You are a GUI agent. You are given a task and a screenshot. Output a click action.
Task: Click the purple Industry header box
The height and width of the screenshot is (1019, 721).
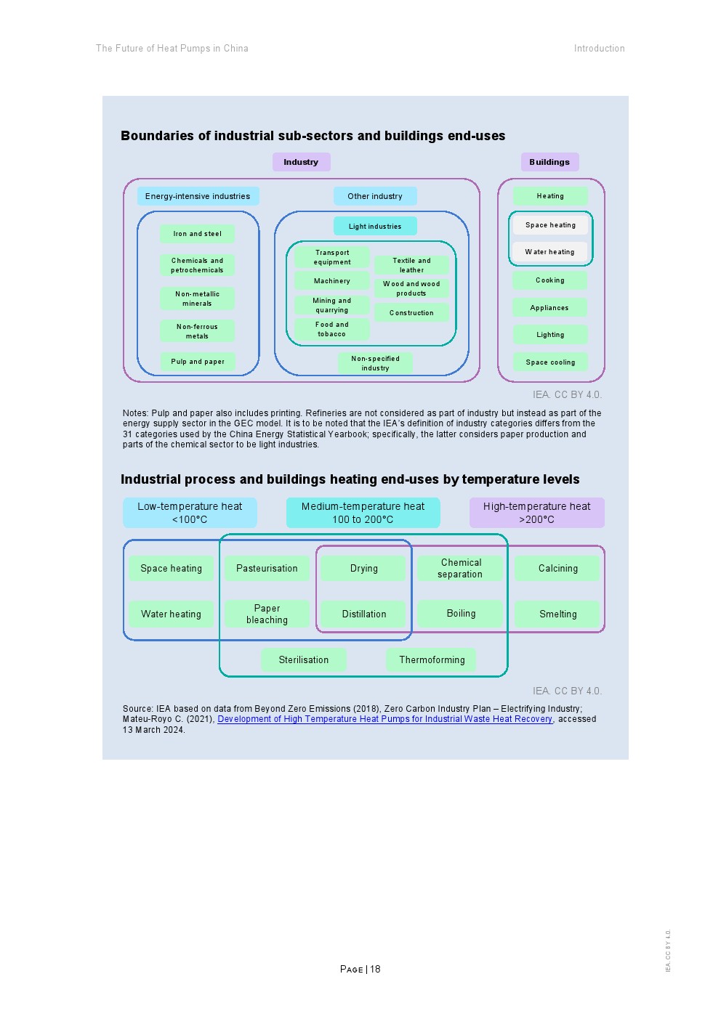301,162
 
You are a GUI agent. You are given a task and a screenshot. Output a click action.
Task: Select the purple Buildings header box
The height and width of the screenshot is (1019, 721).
549,162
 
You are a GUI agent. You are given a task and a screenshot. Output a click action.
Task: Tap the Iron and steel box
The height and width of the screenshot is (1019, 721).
197,234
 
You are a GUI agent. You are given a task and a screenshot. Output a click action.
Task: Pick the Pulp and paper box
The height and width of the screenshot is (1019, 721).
198,362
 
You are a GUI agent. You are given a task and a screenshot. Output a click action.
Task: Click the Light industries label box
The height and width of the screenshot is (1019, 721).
375,226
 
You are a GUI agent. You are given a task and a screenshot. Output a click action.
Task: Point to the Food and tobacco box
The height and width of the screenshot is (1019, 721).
331,329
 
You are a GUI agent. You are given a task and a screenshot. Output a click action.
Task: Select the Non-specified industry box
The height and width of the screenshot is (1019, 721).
375,363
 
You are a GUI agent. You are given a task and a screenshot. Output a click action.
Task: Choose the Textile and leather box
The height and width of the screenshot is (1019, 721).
411,265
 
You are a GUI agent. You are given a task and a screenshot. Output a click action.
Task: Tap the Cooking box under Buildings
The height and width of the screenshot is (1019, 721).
549,280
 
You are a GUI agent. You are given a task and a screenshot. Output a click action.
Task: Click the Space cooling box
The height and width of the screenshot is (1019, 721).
550,362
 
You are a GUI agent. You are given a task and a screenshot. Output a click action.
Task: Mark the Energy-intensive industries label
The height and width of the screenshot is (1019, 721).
198,196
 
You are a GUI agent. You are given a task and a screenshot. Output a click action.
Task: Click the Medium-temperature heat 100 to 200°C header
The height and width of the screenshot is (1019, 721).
363,513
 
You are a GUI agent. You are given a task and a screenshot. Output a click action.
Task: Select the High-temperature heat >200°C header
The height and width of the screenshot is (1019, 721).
536,513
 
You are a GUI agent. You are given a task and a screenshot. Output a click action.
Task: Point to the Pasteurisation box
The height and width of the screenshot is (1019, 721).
267,569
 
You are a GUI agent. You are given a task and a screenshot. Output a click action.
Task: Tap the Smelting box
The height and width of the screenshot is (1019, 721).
557,614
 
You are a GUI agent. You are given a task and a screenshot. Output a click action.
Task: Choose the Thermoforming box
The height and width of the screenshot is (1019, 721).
432,659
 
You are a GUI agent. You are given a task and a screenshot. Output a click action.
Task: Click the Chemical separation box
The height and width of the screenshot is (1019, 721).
460,568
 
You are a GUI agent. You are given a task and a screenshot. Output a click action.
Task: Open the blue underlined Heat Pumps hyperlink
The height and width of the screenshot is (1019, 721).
384,719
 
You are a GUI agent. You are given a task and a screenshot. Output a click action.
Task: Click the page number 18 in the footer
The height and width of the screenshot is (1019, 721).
375,969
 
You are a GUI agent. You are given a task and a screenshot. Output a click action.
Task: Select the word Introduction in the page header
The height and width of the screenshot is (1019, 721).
599,49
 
